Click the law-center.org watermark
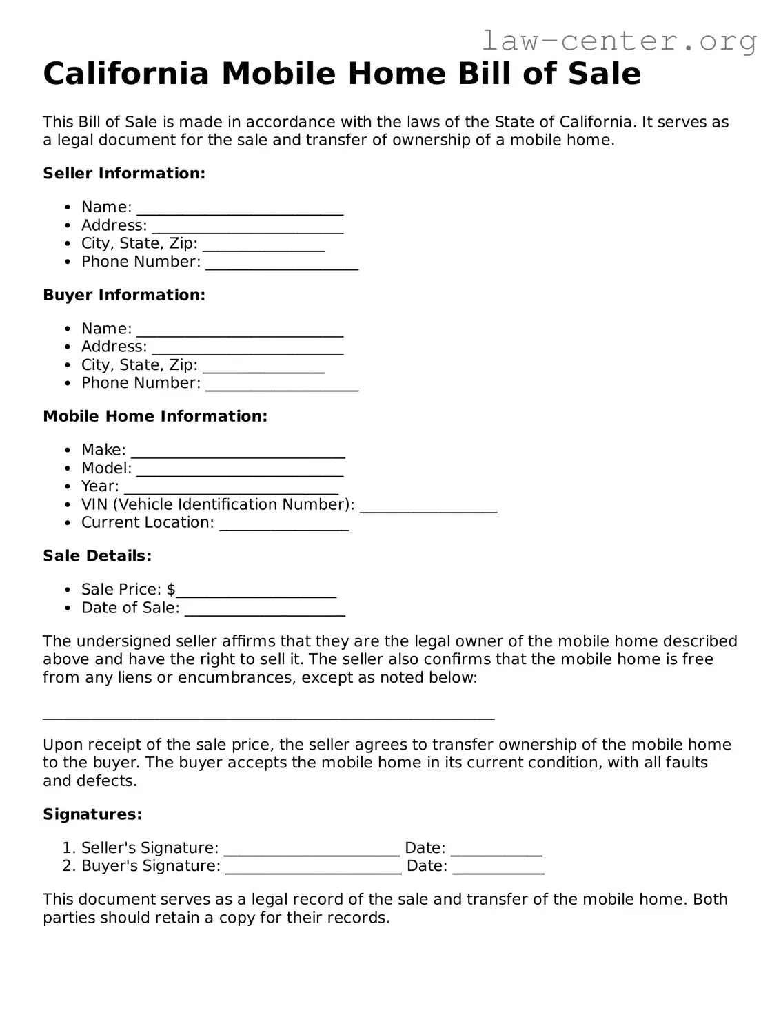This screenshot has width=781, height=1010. (x=618, y=41)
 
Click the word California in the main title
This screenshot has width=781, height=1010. (x=125, y=74)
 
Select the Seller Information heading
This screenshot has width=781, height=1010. (x=124, y=174)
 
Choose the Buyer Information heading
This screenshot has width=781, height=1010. (x=124, y=295)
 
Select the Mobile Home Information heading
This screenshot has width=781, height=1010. (x=155, y=416)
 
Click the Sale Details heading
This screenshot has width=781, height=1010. (x=97, y=556)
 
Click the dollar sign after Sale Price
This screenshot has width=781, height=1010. (x=171, y=590)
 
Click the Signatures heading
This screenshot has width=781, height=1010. (x=92, y=814)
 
